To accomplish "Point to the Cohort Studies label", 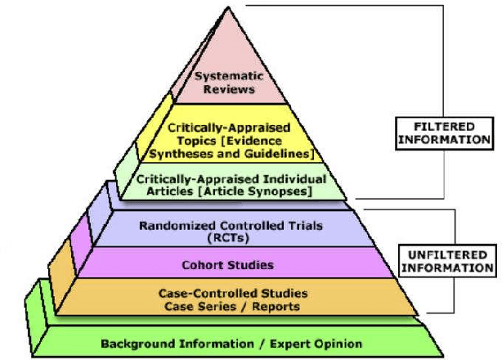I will tap(228, 264).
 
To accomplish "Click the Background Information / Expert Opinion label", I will tap(231, 343).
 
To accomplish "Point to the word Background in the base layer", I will tap(136, 343).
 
